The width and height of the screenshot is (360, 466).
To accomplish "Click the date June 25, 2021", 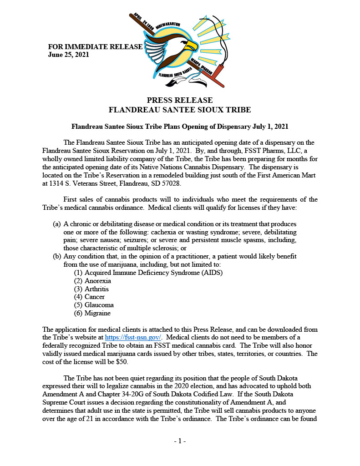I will (68, 55).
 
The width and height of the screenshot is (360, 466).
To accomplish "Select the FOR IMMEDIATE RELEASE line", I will (95, 47).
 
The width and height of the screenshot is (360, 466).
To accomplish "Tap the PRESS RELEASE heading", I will (180, 100).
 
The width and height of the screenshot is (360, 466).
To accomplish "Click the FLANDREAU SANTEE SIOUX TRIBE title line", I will (180, 110).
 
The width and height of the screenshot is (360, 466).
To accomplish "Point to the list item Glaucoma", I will (99, 305).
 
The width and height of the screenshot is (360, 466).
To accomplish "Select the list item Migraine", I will (97, 313).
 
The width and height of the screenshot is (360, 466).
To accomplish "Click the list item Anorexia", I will (97, 281).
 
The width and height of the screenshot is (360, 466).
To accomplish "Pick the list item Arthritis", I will (96, 289).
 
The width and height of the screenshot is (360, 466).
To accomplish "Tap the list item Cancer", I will (95, 297).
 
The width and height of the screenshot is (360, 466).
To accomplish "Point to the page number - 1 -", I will (180, 441).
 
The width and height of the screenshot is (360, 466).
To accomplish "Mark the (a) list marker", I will (57, 224).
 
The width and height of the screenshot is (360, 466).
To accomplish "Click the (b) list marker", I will (57, 256).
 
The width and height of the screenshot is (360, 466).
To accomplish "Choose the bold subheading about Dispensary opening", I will (180, 126).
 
